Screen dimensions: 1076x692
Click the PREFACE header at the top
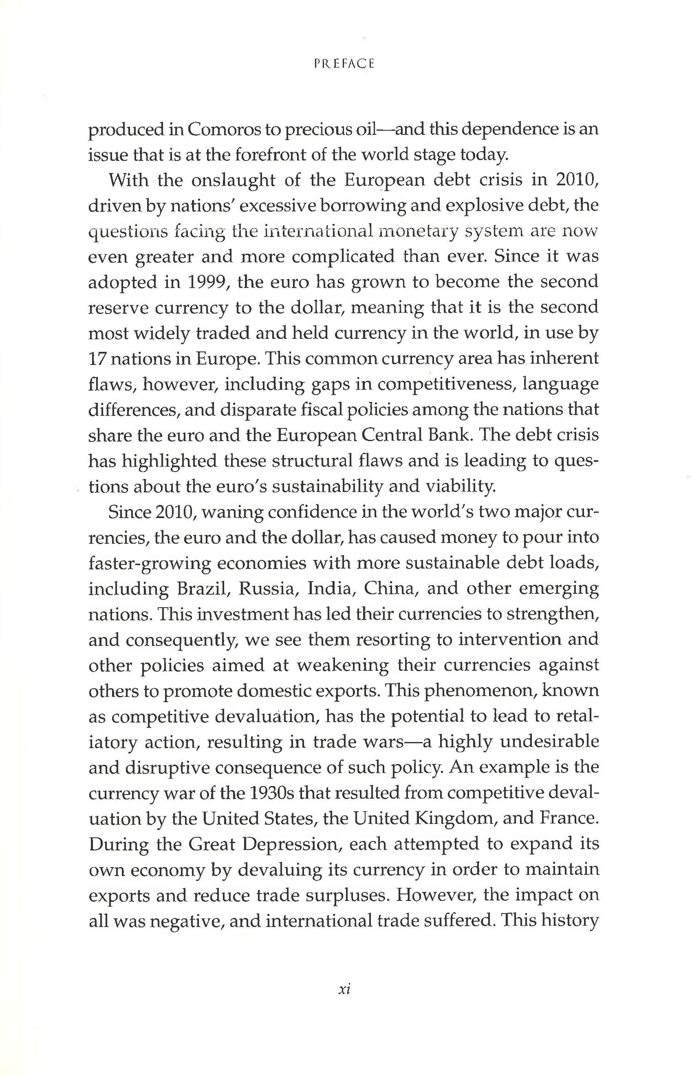click(344, 64)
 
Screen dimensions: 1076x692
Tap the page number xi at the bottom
click(345, 989)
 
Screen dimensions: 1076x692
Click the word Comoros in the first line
click(223, 130)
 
